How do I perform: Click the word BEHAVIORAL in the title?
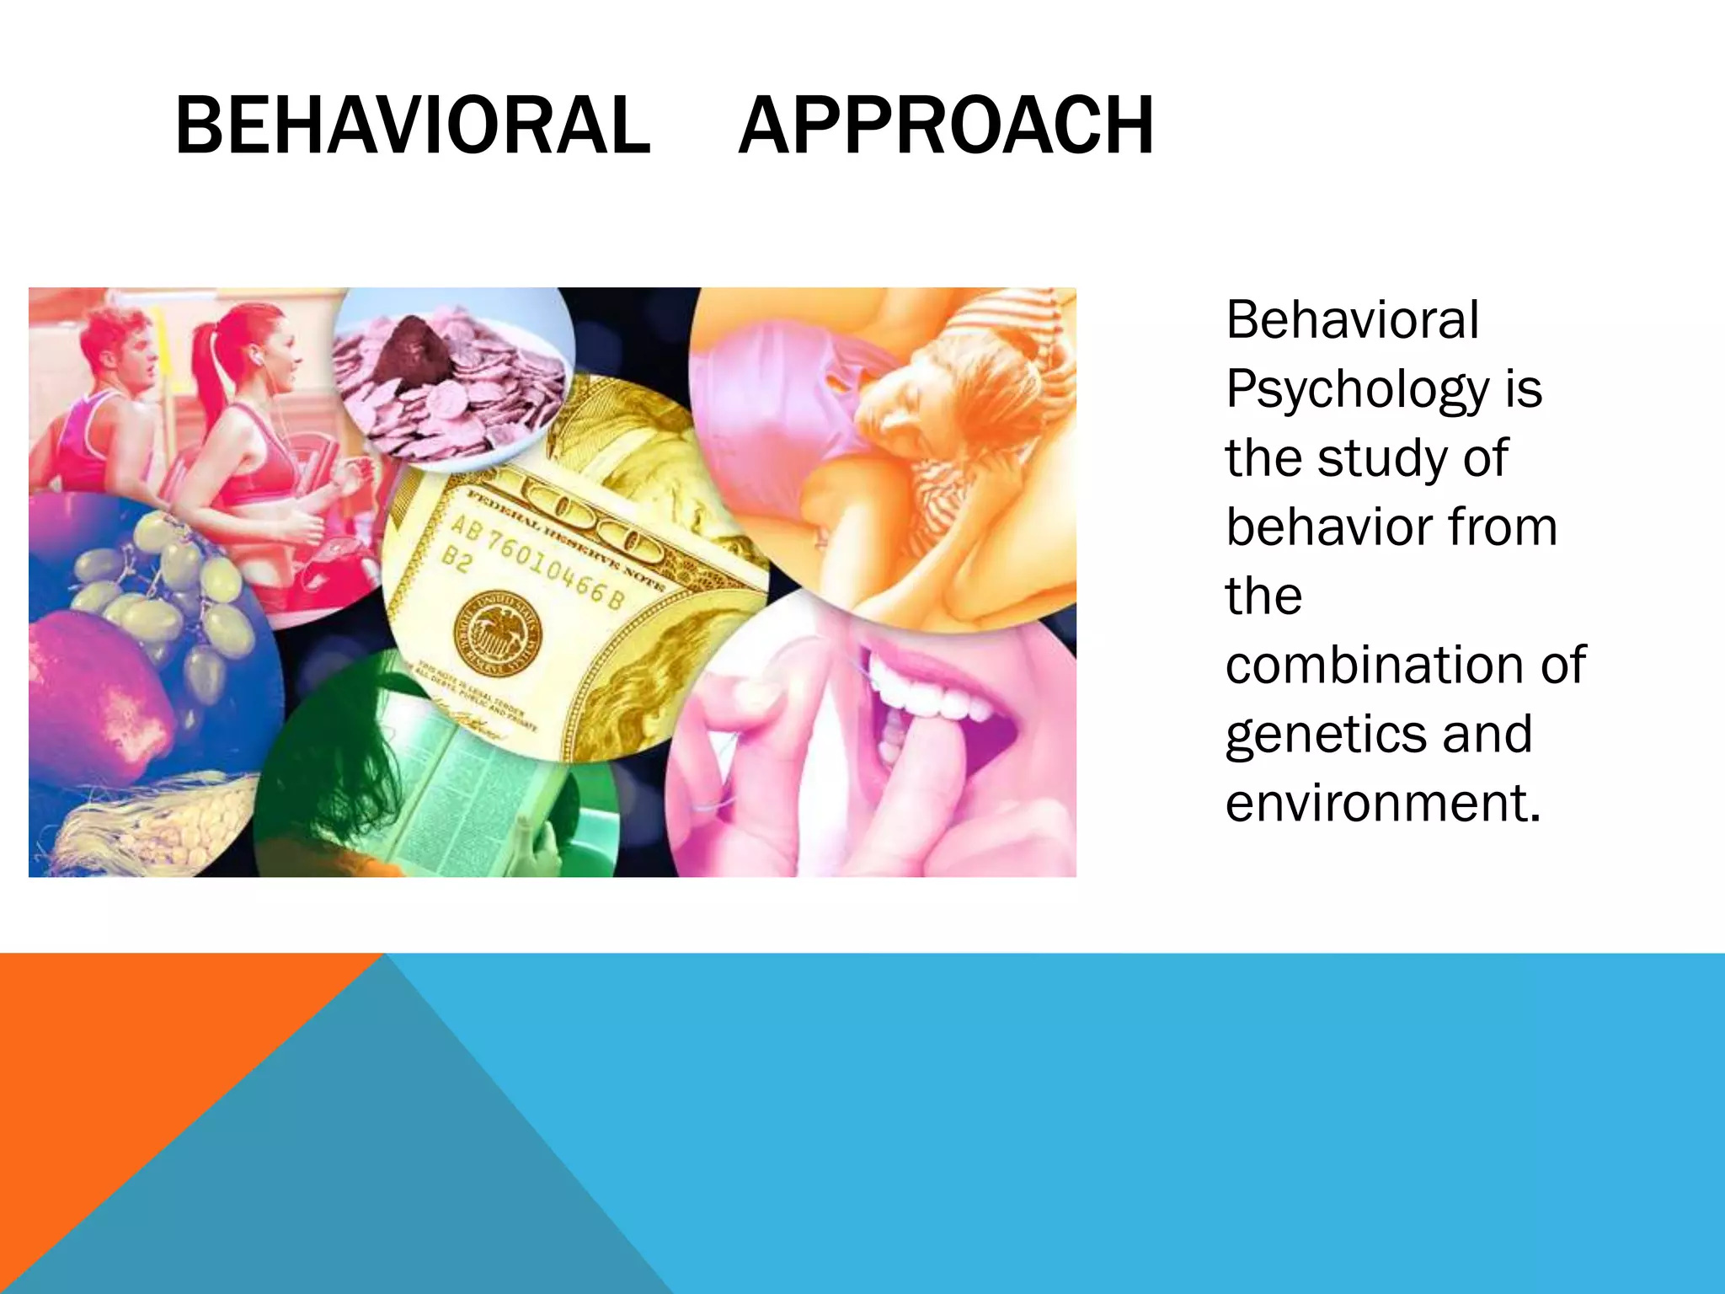[412, 126]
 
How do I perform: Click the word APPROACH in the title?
[945, 126]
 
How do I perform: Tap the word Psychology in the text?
[1356, 389]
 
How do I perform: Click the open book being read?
[472, 792]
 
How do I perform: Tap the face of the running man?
[135, 354]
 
